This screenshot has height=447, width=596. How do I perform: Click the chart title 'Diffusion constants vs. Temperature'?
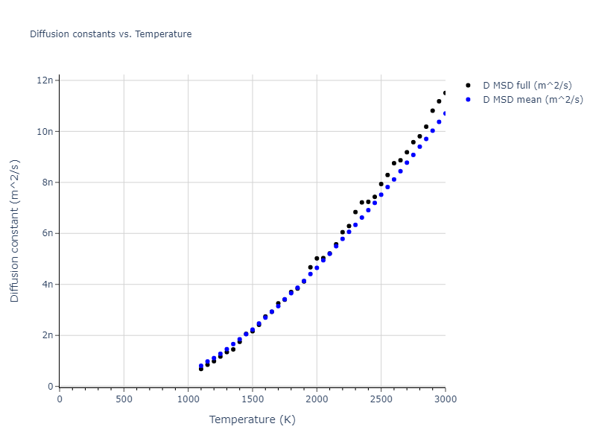pos(110,34)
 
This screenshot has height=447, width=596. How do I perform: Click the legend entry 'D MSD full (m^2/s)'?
pos(533,86)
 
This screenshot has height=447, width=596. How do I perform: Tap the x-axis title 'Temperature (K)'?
pos(253,419)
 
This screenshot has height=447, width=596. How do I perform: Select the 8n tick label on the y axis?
pos(48,182)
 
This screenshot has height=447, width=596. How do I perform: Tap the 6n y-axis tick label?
pos(48,233)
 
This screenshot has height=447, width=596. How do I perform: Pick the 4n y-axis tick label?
pos(48,284)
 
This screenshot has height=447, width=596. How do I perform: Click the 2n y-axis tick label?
pos(48,335)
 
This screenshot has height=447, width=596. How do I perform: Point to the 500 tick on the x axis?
pos(124,399)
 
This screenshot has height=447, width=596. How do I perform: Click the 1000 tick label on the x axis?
pos(188,399)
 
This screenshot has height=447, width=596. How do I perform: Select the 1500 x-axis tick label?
pos(253,399)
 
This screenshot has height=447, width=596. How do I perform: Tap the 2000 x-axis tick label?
pos(317,399)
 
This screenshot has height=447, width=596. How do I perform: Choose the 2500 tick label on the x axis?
pos(381,399)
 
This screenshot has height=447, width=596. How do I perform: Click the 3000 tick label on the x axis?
pos(445,399)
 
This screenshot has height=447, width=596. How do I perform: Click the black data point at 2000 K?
pos(317,259)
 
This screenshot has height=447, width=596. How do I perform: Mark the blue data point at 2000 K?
pos(317,267)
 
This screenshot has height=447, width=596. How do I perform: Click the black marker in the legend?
pos(468,86)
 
